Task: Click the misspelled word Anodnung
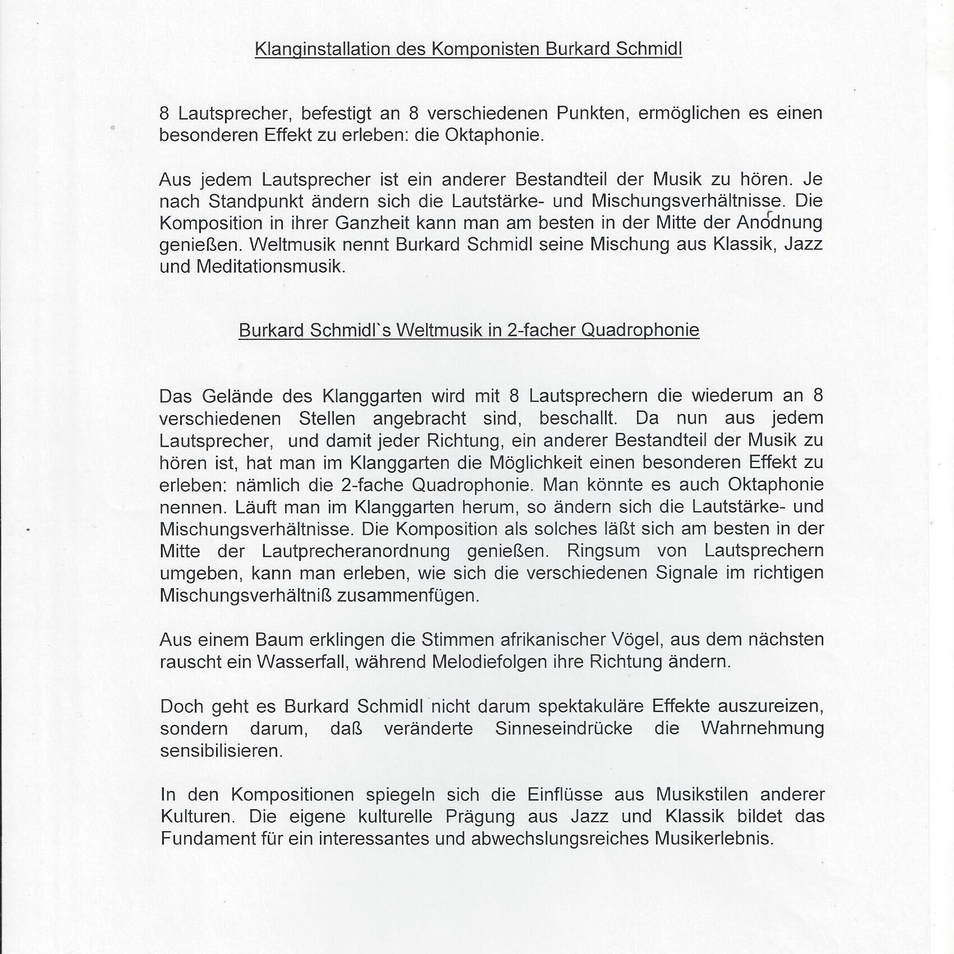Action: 779,223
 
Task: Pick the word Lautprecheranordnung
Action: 356,551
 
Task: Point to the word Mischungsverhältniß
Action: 245,595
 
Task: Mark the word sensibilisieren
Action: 221,751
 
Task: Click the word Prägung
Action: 480,817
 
